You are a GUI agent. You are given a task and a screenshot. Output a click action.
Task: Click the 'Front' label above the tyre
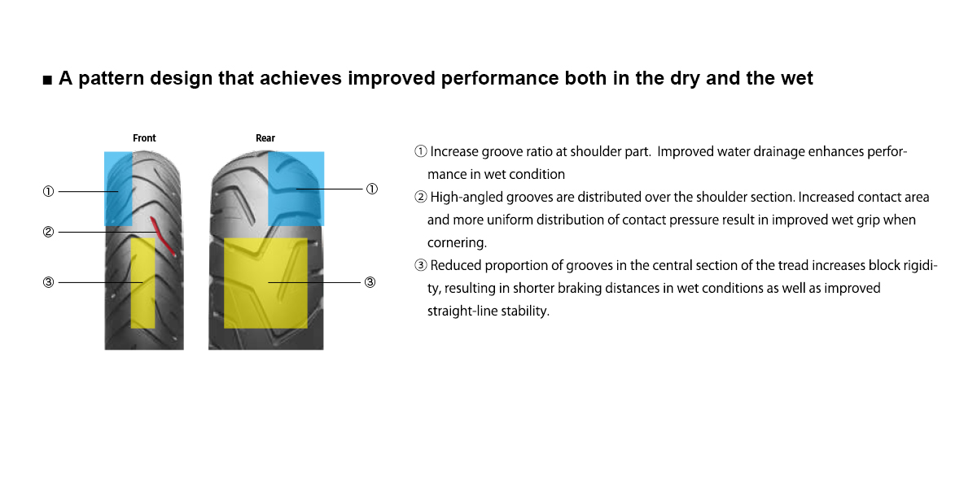click(x=144, y=138)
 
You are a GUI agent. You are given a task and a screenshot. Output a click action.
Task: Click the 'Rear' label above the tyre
click(x=265, y=138)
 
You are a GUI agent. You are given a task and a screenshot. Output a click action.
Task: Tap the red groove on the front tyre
click(x=163, y=236)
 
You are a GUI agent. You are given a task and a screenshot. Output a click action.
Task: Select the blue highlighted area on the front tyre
click(x=118, y=189)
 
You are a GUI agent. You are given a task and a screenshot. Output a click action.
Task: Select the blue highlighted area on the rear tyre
click(x=296, y=189)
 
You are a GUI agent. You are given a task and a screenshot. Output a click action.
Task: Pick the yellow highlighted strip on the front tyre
click(x=142, y=283)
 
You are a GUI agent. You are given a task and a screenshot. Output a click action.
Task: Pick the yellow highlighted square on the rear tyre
click(x=265, y=283)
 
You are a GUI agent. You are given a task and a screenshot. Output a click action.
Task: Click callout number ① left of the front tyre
click(x=48, y=191)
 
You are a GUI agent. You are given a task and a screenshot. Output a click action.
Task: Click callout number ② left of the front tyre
click(x=48, y=232)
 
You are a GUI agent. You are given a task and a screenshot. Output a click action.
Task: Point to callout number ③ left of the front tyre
click(x=48, y=282)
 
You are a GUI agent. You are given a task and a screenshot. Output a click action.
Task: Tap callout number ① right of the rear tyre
click(x=371, y=189)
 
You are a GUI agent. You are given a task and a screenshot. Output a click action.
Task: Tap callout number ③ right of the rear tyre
click(x=370, y=282)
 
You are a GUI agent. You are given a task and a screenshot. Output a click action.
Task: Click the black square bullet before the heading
click(x=47, y=80)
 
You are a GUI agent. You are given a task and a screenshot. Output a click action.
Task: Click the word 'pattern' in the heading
click(x=112, y=79)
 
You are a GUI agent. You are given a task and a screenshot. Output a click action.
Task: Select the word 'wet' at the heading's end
click(x=796, y=79)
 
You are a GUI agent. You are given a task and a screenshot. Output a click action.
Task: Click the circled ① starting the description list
click(x=420, y=151)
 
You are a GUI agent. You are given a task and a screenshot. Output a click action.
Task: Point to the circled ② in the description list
click(x=420, y=197)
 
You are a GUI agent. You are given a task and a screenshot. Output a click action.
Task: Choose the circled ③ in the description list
click(x=420, y=265)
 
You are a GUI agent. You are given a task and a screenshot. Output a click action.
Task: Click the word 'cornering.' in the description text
click(x=457, y=243)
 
